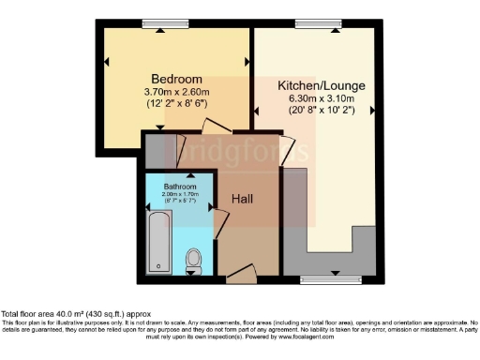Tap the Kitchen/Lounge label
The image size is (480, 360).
coord(322,85)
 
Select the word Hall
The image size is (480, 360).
coord(244,199)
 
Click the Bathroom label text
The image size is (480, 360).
coord(181,186)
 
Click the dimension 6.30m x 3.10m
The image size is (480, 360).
coord(322,98)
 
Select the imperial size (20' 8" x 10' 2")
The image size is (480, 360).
coord(322,110)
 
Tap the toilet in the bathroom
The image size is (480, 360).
coord(194,260)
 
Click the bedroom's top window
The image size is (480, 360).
coord(161,23)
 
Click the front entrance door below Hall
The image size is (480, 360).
coord(240,273)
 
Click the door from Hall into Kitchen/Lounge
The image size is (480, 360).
coord(286,150)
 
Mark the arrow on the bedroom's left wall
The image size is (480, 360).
coord(106,63)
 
